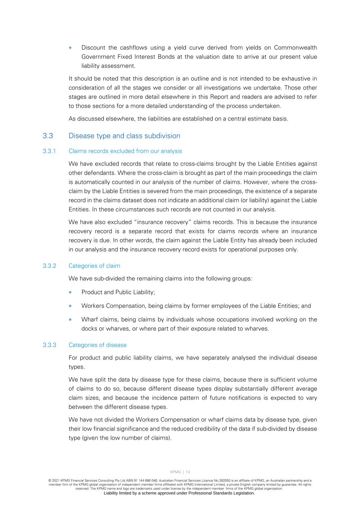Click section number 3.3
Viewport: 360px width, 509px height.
click(x=48, y=136)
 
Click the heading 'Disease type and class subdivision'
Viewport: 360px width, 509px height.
click(x=124, y=136)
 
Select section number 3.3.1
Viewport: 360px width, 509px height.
click(x=49, y=151)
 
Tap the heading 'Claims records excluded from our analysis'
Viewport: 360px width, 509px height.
click(x=125, y=151)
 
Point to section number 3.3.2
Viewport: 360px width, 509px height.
click(x=49, y=266)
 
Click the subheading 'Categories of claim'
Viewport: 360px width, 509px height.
click(x=94, y=266)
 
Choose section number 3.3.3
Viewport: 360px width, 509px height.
click(x=49, y=345)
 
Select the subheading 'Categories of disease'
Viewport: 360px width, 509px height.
click(x=97, y=345)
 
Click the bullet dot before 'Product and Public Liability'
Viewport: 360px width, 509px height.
click(x=70, y=292)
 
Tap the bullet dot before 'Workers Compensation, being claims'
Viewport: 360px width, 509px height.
click(x=70, y=306)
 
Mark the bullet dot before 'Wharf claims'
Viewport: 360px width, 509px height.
click(x=70, y=320)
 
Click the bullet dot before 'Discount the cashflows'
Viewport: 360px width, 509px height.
click(x=70, y=48)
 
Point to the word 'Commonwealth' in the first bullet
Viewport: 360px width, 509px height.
click(x=295, y=48)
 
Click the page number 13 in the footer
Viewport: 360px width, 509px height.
click(x=188, y=472)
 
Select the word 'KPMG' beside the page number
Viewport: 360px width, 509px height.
click(x=175, y=472)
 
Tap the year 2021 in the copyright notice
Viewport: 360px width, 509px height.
click(x=56, y=481)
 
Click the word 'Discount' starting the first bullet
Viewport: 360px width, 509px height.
click(x=93, y=48)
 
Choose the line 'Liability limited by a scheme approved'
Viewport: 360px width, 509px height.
click(x=179, y=493)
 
